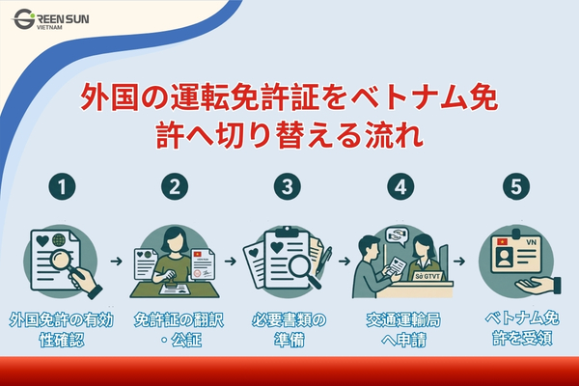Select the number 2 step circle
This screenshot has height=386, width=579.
175,184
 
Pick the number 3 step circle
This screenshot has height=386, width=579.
287,184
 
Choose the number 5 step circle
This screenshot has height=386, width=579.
514,184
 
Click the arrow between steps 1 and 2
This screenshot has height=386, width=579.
117,262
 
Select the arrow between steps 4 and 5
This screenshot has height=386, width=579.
462,262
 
